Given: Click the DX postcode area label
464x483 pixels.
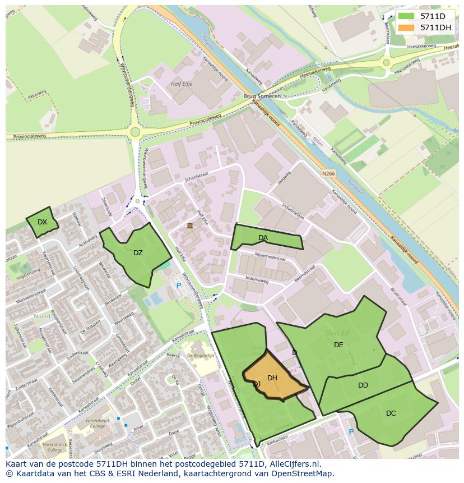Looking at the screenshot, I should coord(42,222).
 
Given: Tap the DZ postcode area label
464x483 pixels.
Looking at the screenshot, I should coord(138,253).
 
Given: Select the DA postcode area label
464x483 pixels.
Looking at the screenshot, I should coord(263,238).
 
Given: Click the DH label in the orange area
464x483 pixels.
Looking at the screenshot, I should coord(272,378).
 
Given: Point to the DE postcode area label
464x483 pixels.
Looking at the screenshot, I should coord(338,345).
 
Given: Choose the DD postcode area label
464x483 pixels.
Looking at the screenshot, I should coord(363,385).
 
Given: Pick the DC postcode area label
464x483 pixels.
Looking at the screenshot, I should coord(391,413).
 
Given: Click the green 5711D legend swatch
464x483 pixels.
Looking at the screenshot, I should coord(406,16).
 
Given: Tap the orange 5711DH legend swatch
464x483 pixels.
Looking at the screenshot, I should coord(406,27).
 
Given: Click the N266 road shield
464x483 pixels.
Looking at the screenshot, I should coord(328,174).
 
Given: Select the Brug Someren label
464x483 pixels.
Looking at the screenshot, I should coord(262,96).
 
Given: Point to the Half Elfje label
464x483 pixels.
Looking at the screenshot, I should coord(181,84).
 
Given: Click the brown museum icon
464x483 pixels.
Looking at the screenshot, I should coord(189,226).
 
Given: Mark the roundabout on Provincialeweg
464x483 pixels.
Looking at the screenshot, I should coord(134,132).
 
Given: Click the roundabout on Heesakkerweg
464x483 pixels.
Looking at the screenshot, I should coord(386,63).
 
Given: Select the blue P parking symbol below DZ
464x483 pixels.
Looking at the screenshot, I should coord(179,286).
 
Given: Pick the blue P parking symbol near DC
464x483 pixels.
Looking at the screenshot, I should coord(351,432).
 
